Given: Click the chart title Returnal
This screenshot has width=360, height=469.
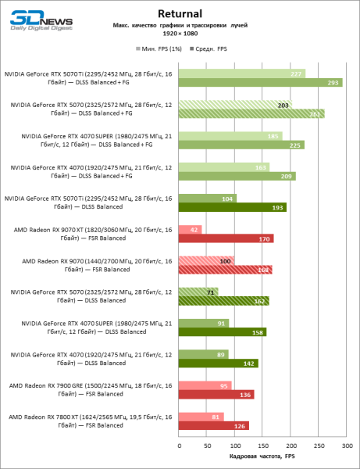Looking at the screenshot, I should point(180,13).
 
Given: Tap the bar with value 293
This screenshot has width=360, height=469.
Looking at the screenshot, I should point(260,82).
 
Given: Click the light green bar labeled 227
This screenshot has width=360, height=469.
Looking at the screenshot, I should point(241,73).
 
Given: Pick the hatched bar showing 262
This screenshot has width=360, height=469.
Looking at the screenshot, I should point(251,113).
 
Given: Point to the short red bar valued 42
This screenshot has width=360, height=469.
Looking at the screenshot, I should point(190,229).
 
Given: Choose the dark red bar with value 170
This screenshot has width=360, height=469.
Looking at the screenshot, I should point(226,238).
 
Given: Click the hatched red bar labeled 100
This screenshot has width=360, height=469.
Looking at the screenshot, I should point(206,260).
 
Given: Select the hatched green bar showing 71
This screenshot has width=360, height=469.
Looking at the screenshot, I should point(198,292).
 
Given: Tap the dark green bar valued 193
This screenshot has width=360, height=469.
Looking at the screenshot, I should point(233,207).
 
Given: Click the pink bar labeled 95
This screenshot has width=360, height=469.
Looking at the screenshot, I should point(205,385).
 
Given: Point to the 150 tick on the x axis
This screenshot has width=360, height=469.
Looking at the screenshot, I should point(262,446).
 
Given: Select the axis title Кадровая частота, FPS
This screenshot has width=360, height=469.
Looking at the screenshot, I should point(262,456).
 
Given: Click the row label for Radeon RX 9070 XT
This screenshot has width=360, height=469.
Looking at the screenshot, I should point(87,234).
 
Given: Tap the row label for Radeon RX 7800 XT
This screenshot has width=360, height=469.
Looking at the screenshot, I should point(87,421).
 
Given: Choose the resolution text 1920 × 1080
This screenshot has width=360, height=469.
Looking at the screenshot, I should point(180,34).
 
